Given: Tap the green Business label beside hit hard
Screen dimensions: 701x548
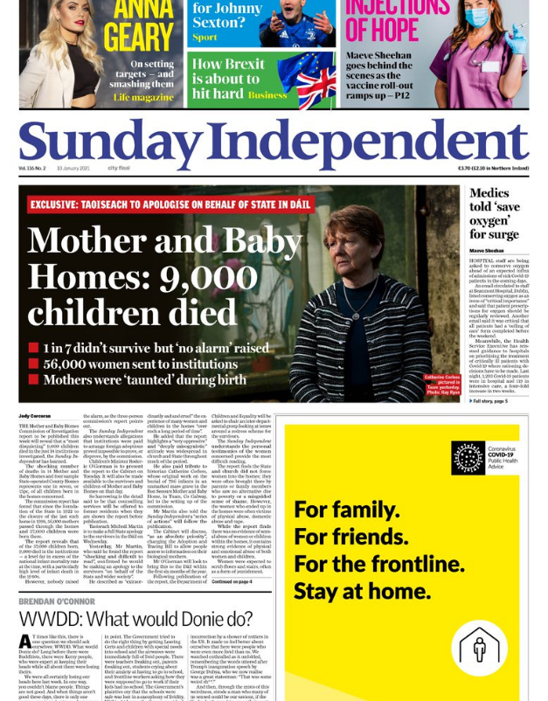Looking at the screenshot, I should click(x=267, y=95).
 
